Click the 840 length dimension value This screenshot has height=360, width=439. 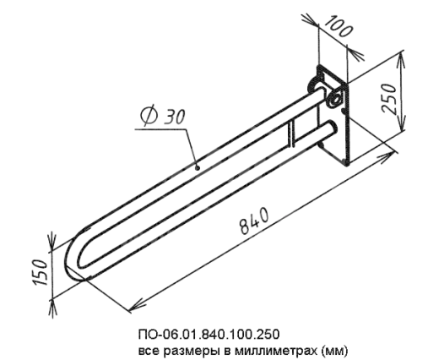point(254,221)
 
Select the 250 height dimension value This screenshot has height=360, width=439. point(389,98)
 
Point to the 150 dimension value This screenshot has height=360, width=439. point(41,272)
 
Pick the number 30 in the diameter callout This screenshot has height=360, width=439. point(175,117)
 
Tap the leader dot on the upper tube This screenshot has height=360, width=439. point(198,168)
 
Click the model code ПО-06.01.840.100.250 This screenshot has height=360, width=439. point(209,335)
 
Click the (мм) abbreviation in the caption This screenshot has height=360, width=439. point(334,351)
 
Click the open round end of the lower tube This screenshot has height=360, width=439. point(330,128)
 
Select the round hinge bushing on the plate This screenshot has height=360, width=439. point(335,99)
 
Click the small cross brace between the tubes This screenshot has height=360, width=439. point(291,133)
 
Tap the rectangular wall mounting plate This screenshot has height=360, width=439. point(334,116)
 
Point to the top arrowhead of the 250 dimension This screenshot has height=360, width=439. point(401,60)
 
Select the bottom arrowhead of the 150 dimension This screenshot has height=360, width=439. point(52,308)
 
